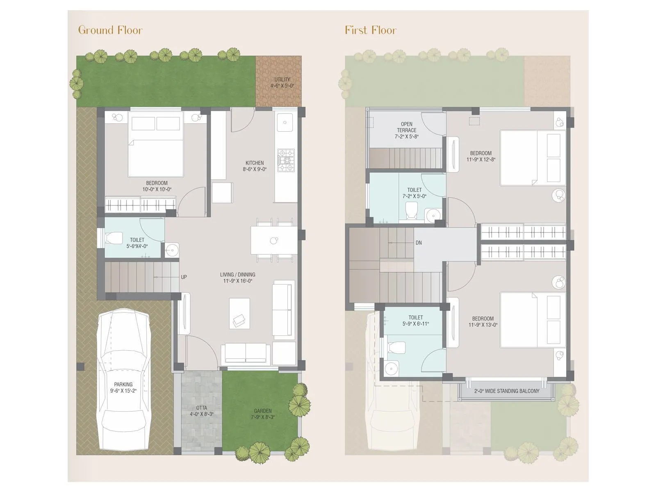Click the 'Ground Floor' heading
point(110,30)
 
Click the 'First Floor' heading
point(371,30)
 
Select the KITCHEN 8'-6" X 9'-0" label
point(255,166)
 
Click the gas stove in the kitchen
point(286,160)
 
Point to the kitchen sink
point(285,122)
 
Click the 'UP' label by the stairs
point(184,277)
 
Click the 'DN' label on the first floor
point(419,243)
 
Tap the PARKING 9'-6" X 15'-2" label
point(123,387)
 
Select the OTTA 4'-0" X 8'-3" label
point(201,411)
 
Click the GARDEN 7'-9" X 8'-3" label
point(263,414)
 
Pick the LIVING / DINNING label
point(238,278)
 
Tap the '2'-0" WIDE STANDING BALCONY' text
point(507,391)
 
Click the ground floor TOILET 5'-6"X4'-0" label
point(137,243)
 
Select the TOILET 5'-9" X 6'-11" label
point(415,321)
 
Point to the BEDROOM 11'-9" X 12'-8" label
point(481,156)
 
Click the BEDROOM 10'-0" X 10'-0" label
point(157,186)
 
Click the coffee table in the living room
point(239,313)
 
